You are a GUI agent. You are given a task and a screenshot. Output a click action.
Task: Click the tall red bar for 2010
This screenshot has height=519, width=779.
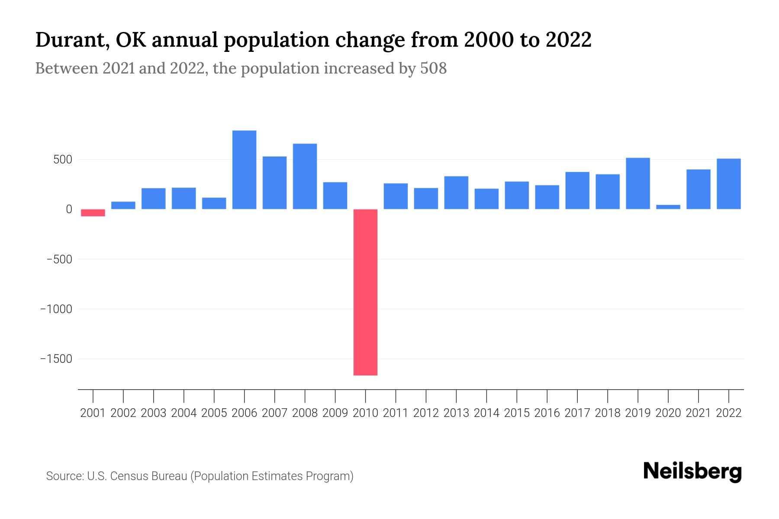coord(365,292)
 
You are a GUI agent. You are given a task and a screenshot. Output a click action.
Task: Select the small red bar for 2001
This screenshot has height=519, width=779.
coord(93,213)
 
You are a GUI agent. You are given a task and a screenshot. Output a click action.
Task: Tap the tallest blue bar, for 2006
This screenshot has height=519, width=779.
coord(244,170)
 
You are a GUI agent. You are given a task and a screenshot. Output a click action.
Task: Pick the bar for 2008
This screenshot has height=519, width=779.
coord(305,176)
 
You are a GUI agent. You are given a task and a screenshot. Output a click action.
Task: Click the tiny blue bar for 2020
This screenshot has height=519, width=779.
coord(668,207)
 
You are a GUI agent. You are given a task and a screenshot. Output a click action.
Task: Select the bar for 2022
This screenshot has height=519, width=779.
coord(728,184)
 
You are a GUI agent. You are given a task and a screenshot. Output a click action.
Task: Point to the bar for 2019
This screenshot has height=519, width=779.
coord(637,183)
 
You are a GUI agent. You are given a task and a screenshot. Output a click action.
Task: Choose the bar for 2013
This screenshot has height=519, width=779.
coord(456,192)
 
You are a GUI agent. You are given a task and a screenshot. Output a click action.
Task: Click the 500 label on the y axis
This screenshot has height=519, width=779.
coord(63,160)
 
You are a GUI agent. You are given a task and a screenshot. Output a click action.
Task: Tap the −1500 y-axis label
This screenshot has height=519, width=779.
coord(56,359)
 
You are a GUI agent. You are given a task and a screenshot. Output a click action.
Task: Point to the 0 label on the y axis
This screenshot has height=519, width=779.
coord(69,209)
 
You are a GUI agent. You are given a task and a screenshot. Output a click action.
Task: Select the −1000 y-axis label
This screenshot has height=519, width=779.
coord(56,309)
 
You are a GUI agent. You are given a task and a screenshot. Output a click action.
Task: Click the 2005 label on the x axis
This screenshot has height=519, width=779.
coord(214,413)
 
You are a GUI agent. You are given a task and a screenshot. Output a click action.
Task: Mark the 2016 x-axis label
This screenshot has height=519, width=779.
coord(547,413)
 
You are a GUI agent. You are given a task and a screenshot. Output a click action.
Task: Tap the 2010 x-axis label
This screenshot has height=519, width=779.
coord(365,413)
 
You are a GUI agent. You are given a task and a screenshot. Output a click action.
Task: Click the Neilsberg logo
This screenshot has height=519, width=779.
coord(692,471)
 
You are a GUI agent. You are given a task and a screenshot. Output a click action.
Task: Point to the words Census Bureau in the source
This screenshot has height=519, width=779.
coord(149,476)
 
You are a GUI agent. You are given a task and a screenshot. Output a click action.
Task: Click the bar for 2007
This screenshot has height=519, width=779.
coord(274,183)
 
